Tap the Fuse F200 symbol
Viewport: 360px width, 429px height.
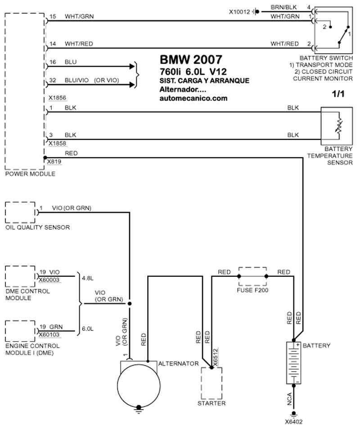tap(252, 277)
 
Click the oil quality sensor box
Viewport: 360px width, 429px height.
tap(21, 212)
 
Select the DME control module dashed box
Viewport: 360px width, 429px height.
tap(21, 276)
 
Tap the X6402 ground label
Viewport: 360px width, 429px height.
tap(294, 422)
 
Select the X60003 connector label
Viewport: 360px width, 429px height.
tap(49, 280)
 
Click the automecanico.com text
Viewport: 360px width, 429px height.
tap(193, 98)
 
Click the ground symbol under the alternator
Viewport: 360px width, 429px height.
tap(139, 409)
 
